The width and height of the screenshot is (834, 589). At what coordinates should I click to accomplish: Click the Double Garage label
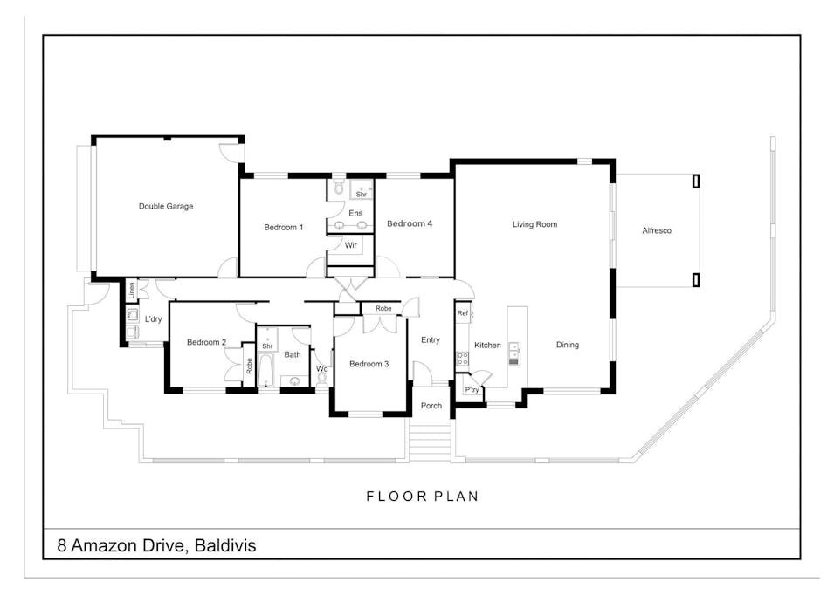[x=166, y=207]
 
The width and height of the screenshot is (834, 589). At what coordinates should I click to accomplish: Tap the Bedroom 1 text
[x=284, y=228]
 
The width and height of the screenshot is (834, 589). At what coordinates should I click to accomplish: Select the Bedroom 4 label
[x=410, y=224]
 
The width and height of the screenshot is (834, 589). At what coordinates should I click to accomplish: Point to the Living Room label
[x=534, y=225]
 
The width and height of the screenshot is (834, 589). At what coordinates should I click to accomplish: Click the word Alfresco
[x=657, y=231]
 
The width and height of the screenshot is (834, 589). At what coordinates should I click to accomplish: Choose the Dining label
[x=568, y=346]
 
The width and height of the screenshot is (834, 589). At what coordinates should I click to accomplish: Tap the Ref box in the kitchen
[x=462, y=313]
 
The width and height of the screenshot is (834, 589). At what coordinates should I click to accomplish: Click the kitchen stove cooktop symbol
[x=462, y=359]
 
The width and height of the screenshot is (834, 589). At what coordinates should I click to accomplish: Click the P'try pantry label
[x=472, y=389]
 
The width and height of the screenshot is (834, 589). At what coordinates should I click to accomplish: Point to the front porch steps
[x=430, y=441]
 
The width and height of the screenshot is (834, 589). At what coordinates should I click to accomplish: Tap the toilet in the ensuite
[x=339, y=188]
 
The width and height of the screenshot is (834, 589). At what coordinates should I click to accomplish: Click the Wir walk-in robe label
[x=351, y=246]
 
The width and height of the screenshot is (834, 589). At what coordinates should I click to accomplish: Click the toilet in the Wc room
[x=322, y=380]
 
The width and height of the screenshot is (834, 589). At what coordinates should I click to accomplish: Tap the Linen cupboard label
[x=132, y=291]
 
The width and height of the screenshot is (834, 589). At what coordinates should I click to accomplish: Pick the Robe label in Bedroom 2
[x=249, y=366]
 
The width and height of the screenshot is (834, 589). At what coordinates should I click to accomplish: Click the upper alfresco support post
[x=696, y=181]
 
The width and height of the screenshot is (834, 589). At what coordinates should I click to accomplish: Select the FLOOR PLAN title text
[x=422, y=497]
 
